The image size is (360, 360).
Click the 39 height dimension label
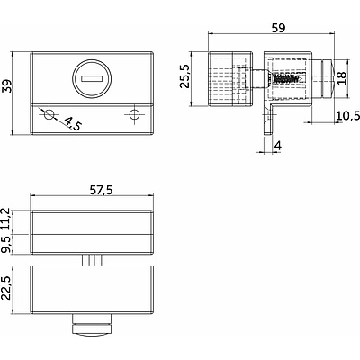tap(6, 86)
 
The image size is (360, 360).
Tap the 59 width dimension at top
tap(278, 28)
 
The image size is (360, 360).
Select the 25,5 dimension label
tap(185, 76)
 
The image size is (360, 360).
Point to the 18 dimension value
tap(341, 78)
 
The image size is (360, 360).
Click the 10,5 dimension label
tap(347, 116)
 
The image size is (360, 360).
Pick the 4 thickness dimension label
tap(278, 146)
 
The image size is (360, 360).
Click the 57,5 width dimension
tap(101, 190)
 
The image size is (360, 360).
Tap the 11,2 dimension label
tap(6, 220)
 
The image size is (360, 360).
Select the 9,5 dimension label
tap(6, 244)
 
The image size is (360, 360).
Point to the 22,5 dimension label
tap(6, 288)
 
